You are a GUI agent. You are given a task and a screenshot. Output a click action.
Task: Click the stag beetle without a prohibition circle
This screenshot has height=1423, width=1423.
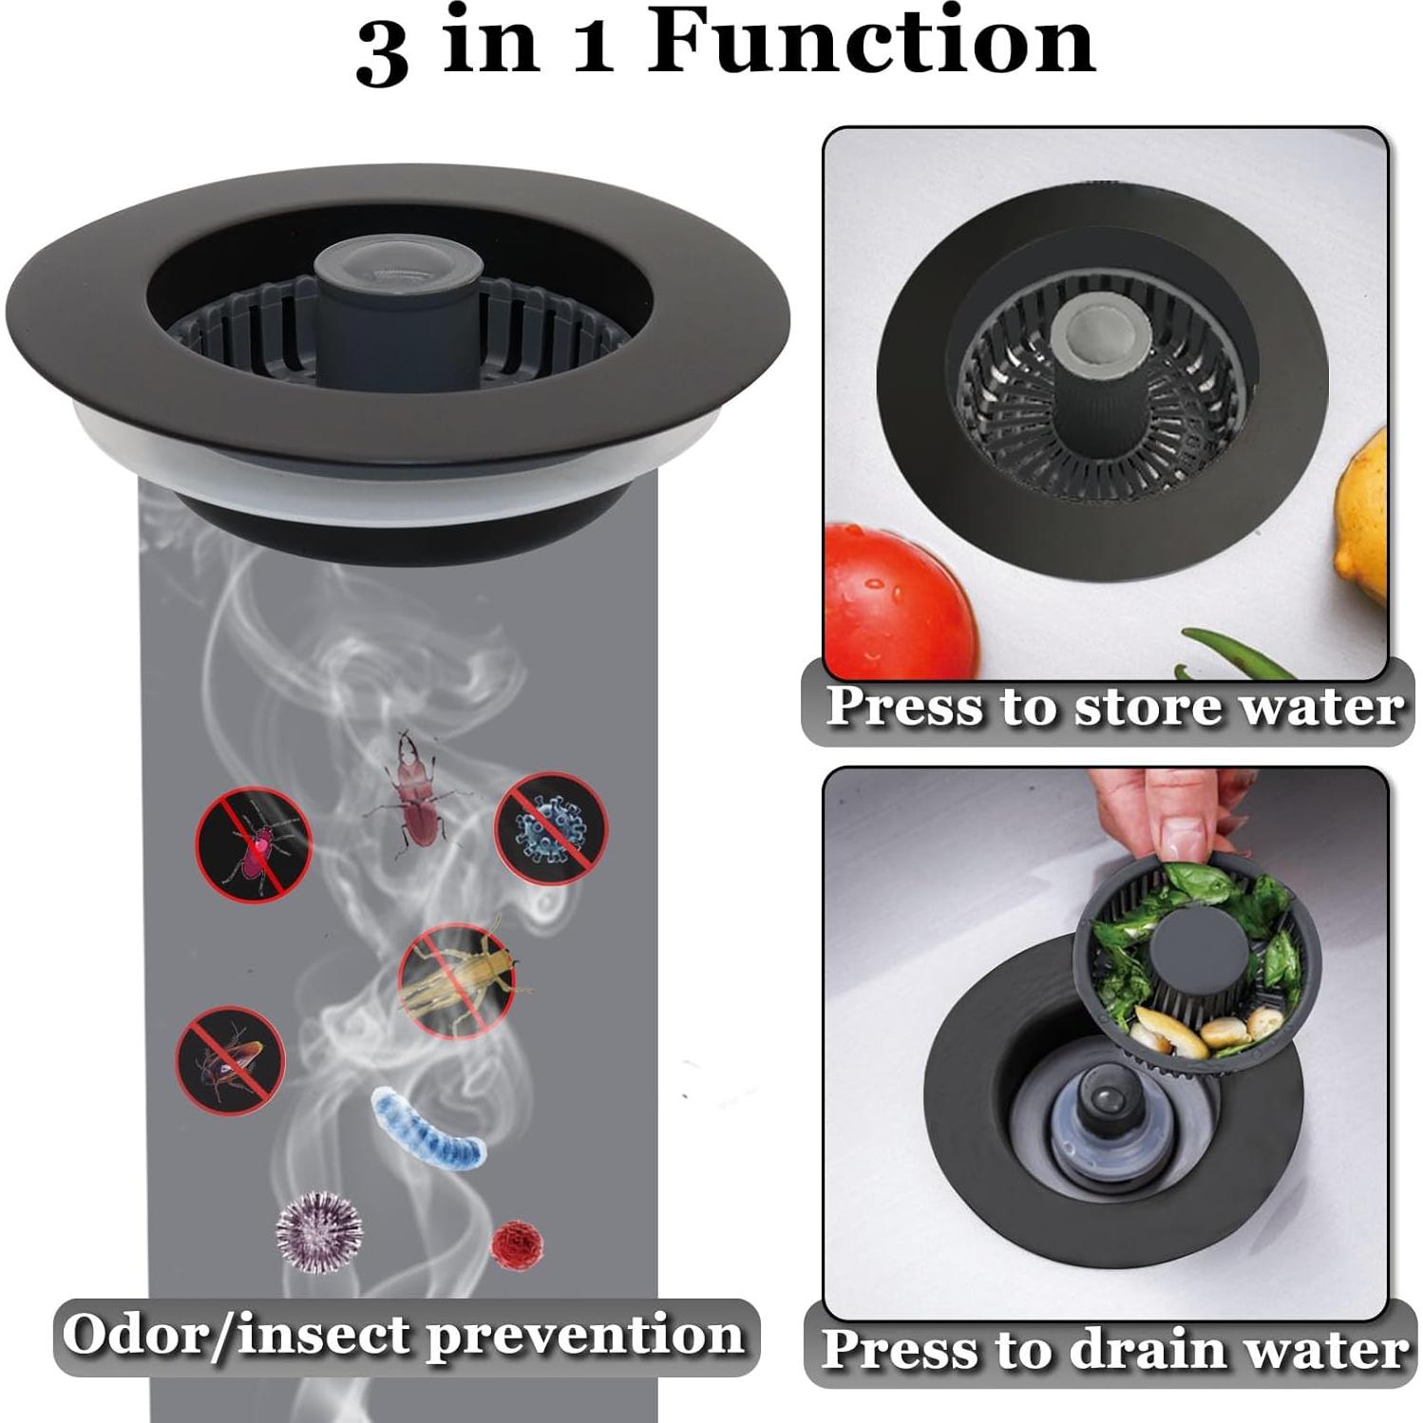[415, 791]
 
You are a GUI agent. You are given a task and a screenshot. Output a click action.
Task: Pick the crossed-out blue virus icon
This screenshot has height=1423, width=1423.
[551, 827]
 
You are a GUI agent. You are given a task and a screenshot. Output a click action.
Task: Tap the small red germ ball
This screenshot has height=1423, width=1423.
[516, 1243]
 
